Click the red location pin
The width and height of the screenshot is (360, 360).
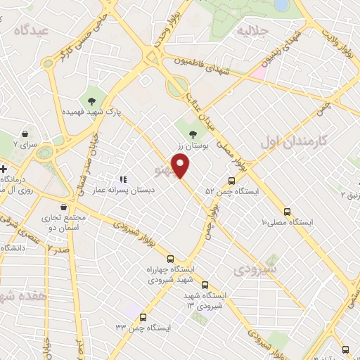(x=182, y=166)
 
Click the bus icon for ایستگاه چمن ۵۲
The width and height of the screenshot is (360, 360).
(x=233, y=180)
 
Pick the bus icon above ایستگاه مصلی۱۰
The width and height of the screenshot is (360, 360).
(x=288, y=212)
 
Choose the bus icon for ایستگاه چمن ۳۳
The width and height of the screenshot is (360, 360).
(x=143, y=317)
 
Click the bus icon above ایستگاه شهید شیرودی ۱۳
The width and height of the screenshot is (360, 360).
(x=205, y=285)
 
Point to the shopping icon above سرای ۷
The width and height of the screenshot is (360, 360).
(x=25, y=134)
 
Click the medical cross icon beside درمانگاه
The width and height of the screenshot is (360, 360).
(x=4, y=169)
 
